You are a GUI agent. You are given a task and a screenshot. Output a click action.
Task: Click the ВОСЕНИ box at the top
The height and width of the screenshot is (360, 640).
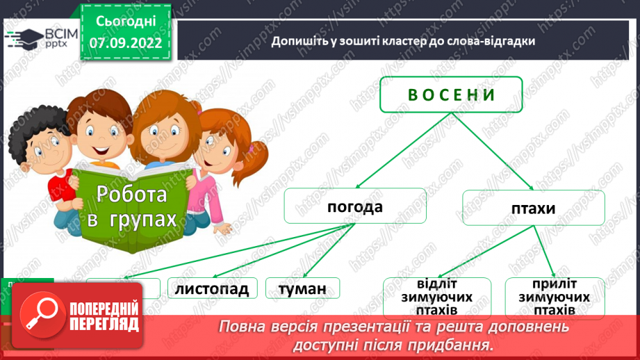pyautogui.click(x=451, y=95)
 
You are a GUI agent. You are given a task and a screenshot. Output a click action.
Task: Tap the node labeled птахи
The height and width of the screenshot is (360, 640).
pyautogui.click(x=533, y=206)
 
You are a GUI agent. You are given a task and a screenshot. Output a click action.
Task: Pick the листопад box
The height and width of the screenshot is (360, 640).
pyautogui.click(x=212, y=288)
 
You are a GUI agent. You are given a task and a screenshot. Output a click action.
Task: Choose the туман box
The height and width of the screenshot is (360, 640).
pyautogui.click(x=302, y=288)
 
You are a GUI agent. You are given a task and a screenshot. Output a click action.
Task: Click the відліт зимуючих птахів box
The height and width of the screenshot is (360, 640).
pyautogui.click(x=437, y=298)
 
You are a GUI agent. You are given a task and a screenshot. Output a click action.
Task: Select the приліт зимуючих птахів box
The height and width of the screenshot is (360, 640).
pyautogui.click(x=554, y=298)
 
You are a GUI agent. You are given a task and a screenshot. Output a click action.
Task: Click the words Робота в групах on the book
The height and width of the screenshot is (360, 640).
pyautogui.click(x=132, y=206)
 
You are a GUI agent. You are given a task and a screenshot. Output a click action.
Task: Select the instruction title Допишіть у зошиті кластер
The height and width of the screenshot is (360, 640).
pyautogui.click(x=403, y=41)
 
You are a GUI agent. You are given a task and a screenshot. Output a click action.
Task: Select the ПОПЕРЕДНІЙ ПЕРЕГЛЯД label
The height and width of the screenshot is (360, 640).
pyautogui.click(x=104, y=316)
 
